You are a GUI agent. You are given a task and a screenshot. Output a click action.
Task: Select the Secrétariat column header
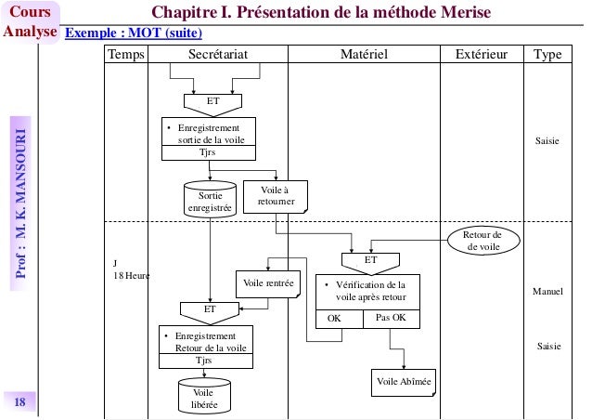(x=218, y=56)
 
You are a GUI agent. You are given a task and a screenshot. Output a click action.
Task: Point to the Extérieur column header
(x=481, y=56)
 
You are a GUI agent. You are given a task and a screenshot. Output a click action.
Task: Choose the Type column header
(x=547, y=56)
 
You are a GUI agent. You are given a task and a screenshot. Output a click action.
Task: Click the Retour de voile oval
(x=483, y=241)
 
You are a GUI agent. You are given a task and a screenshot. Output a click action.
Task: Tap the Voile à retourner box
(x=275, y=195)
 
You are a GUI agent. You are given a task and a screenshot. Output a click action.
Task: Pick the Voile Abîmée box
(x=405, y=382)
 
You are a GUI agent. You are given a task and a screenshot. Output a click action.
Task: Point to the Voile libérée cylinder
(x=203, y=398)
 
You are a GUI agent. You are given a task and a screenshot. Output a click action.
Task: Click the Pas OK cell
(x=392, y=318)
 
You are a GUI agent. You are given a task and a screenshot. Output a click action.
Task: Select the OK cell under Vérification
(x=335, y=318)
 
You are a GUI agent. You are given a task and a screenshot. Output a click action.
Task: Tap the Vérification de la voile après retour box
(x=367, y=291)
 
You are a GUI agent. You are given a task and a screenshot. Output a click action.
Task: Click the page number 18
(x=20, y=401)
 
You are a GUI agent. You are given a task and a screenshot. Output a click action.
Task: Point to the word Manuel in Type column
(x=547, y=292)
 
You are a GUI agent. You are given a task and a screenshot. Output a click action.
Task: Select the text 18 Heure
(x=131, y=276)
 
